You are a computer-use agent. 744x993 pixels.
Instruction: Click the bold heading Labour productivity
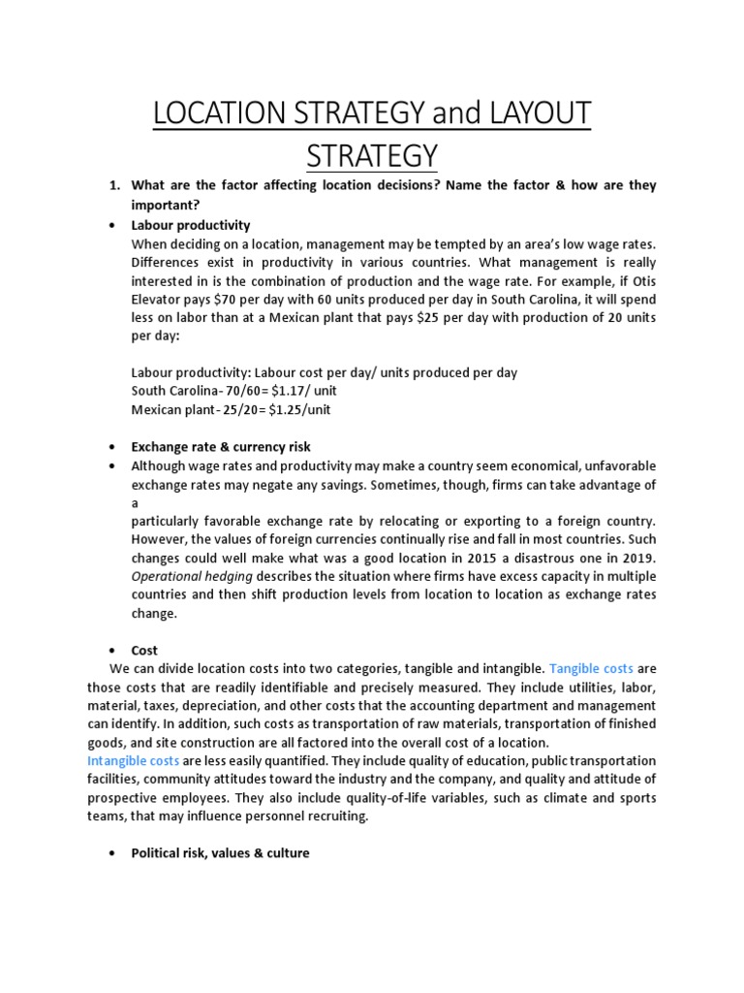coord(191,225)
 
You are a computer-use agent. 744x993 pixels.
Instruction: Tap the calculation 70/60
coord(231,391)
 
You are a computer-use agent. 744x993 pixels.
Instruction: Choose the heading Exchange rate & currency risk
coord(221,446)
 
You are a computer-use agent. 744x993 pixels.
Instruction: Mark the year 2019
coord(638,558)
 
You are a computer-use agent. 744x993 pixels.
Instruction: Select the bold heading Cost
coord(144,650)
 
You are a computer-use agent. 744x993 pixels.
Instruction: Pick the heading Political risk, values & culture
coord(220,852)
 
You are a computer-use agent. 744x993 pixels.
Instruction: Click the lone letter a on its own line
coord(135,502)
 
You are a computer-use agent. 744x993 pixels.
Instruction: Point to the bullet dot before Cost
coord(113,651)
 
